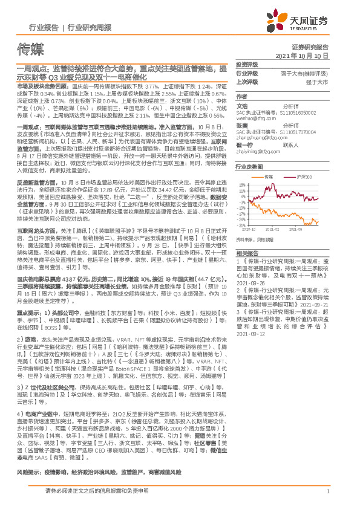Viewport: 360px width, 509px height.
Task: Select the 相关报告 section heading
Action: (246, 253)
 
